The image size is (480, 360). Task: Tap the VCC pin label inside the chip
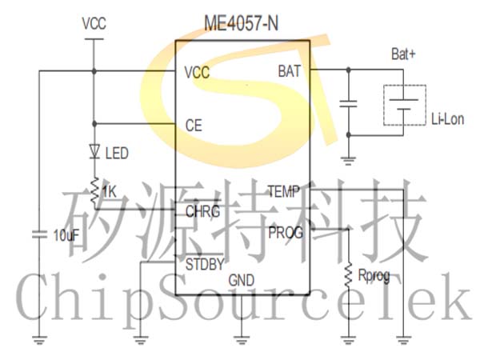(196, 72)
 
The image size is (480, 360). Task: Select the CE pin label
(193, 125)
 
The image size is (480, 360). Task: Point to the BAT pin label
(290, 71)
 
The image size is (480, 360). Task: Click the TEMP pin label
(282, 191)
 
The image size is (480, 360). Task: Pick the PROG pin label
(286, 233)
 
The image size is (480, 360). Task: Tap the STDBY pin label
(204, 263)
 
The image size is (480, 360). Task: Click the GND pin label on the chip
(241, 281)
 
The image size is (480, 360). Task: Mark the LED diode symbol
(94, 150)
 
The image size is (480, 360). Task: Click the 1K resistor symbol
(94, 190)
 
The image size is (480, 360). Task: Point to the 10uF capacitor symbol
(38, 235)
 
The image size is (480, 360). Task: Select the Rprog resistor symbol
(349, 274)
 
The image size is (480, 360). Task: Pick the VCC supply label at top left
(94, 24)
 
